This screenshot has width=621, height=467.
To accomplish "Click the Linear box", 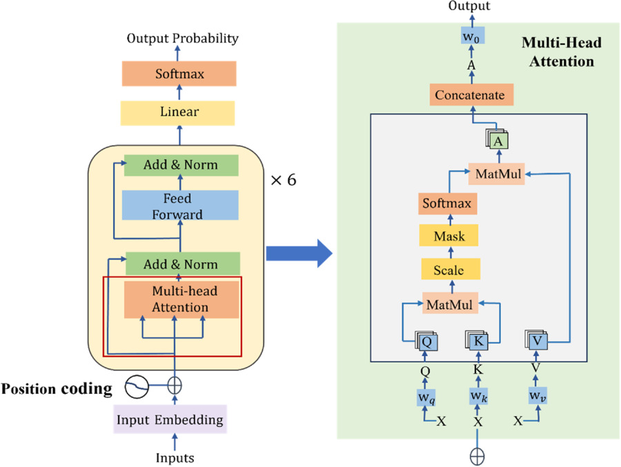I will pyautogui.click(x=179, y=112).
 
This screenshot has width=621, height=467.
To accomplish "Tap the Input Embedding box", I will pyautogui.click(x=170, y=419).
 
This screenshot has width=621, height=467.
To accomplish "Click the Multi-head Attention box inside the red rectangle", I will pyautogui.click(x=181, y=299).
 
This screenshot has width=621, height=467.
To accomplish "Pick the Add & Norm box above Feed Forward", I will pyautogui.click(x=181, y=166).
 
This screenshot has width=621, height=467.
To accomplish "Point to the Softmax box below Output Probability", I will pyautogui.click(x=179, y=73).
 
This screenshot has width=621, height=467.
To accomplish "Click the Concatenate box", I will pyautogui.click(x=469, y=95).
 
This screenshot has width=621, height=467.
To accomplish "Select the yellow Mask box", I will pyautogui.click(x=449, y=236).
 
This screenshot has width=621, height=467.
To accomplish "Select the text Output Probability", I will pyautogui.click(x=183, y=38).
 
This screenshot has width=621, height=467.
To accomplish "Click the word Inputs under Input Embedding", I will pyautogui.click(x=175, y=457).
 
